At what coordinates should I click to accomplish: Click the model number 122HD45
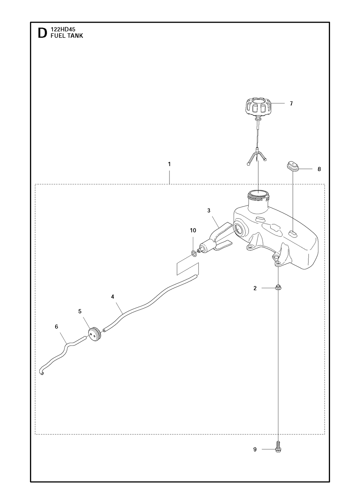[x=63, y=29]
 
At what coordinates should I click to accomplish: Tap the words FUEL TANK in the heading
[x=67, y=36]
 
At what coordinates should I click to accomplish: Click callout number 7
[x=291, y=103]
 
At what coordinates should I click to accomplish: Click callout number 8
[x=319, y=169]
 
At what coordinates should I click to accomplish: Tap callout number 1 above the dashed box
[x=169, y=164]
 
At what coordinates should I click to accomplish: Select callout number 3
[x=209, y=210]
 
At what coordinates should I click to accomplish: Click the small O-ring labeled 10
[x=194, y=254]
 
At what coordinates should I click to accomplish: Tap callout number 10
[x=193, y=230]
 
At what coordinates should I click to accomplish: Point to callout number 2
[x=255, y=288]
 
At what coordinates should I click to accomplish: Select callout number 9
[x=255, y=449]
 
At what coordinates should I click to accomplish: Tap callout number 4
[x=112, y=297]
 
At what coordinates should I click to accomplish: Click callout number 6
[x=56, y=327]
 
